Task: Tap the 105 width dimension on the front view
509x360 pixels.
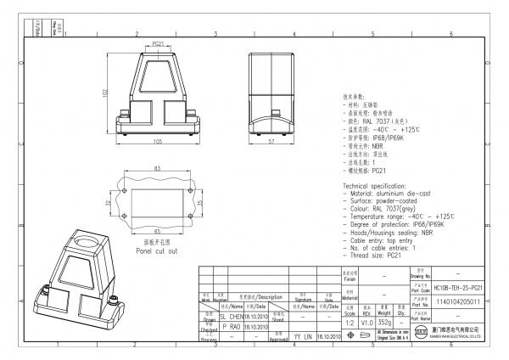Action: (x=158, y=143)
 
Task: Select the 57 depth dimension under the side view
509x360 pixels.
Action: (x=271, y=143)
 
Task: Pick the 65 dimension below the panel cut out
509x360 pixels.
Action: (x=157, y=230)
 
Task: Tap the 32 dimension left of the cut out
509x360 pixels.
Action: (x=120, y=204)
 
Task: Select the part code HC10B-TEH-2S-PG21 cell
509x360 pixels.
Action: (x=458, y=288)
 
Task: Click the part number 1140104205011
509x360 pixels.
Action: (x=458, y=301)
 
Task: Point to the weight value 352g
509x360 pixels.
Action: (x=385, y=323)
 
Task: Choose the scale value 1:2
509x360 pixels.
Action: (x=348, y=323)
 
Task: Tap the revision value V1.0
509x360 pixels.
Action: (x=366, y=323)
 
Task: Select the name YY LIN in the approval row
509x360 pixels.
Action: (x=303, y=336)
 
